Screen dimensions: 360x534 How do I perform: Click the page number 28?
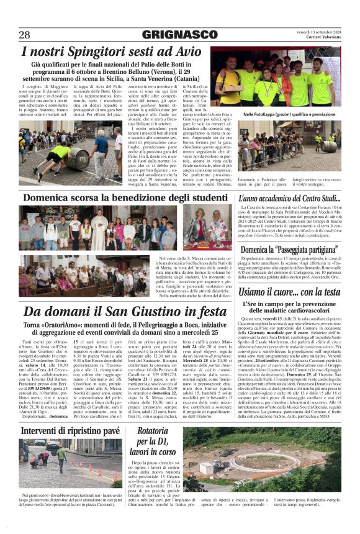[x=25, y=34]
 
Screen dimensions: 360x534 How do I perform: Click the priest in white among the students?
[x=99, y=230]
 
